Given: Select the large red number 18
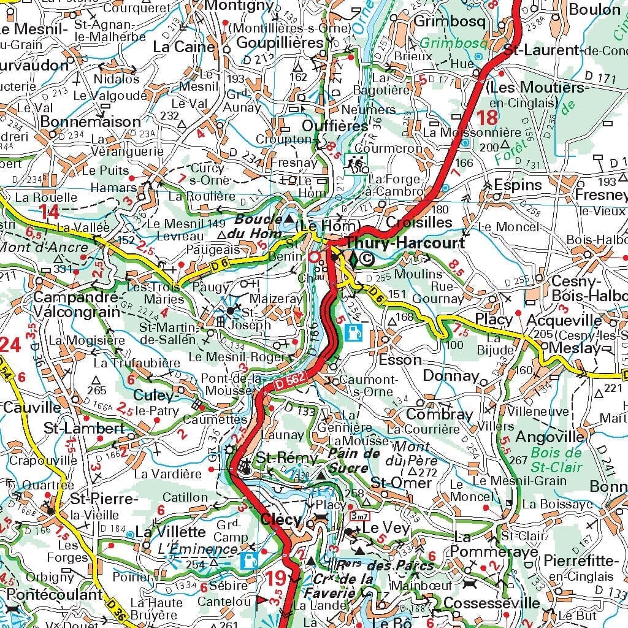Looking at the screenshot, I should point(488,117).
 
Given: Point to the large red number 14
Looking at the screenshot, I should point(49,213).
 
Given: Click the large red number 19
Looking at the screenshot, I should point(277,578).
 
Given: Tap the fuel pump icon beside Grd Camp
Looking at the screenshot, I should point(249,559).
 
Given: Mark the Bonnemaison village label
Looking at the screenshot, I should point(90,121).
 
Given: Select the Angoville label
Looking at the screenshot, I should point(550,437).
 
